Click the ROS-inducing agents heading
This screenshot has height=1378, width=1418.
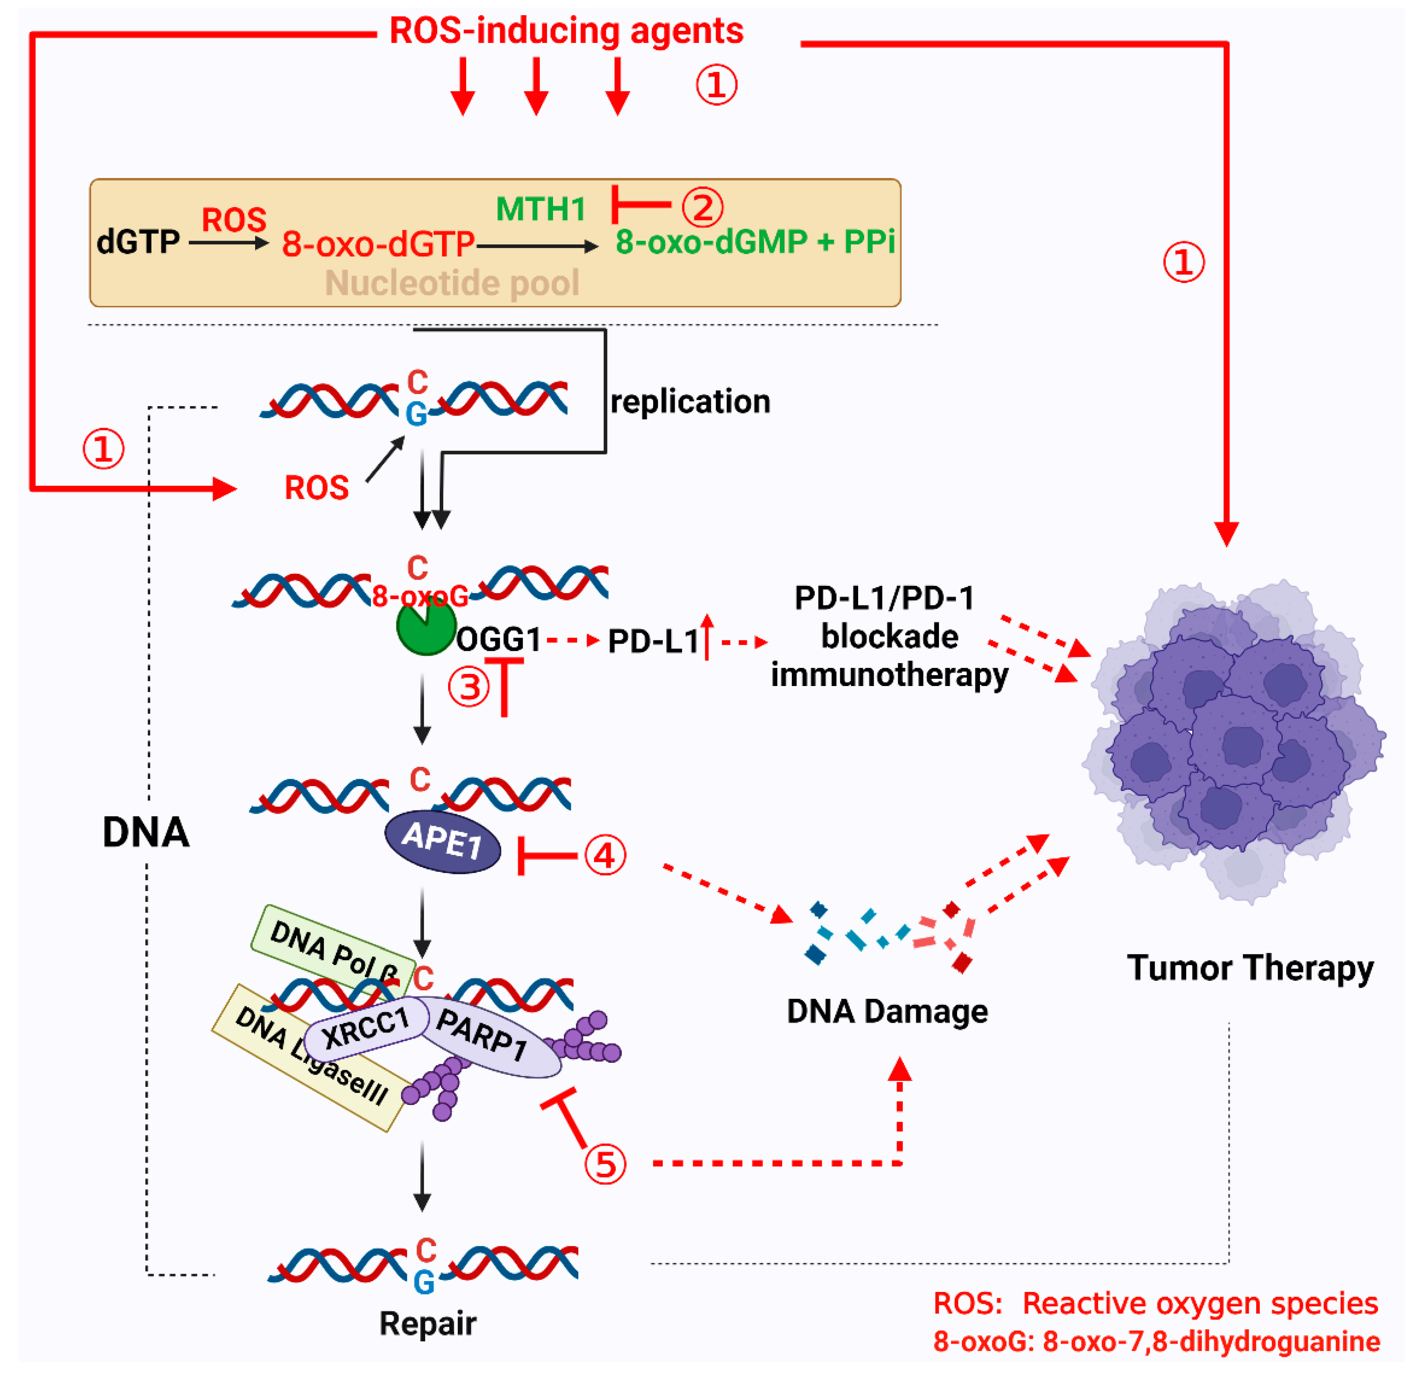[566, 31]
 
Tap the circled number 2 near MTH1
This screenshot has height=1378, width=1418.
[702, 207]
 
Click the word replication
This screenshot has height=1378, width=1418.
[690, 402]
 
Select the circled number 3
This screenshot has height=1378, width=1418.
[469, 686]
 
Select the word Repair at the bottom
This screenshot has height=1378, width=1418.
[428, 1324]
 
